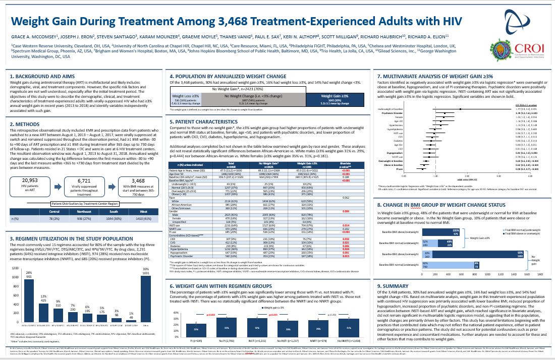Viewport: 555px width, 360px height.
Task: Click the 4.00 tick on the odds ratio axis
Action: pos(530,176)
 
